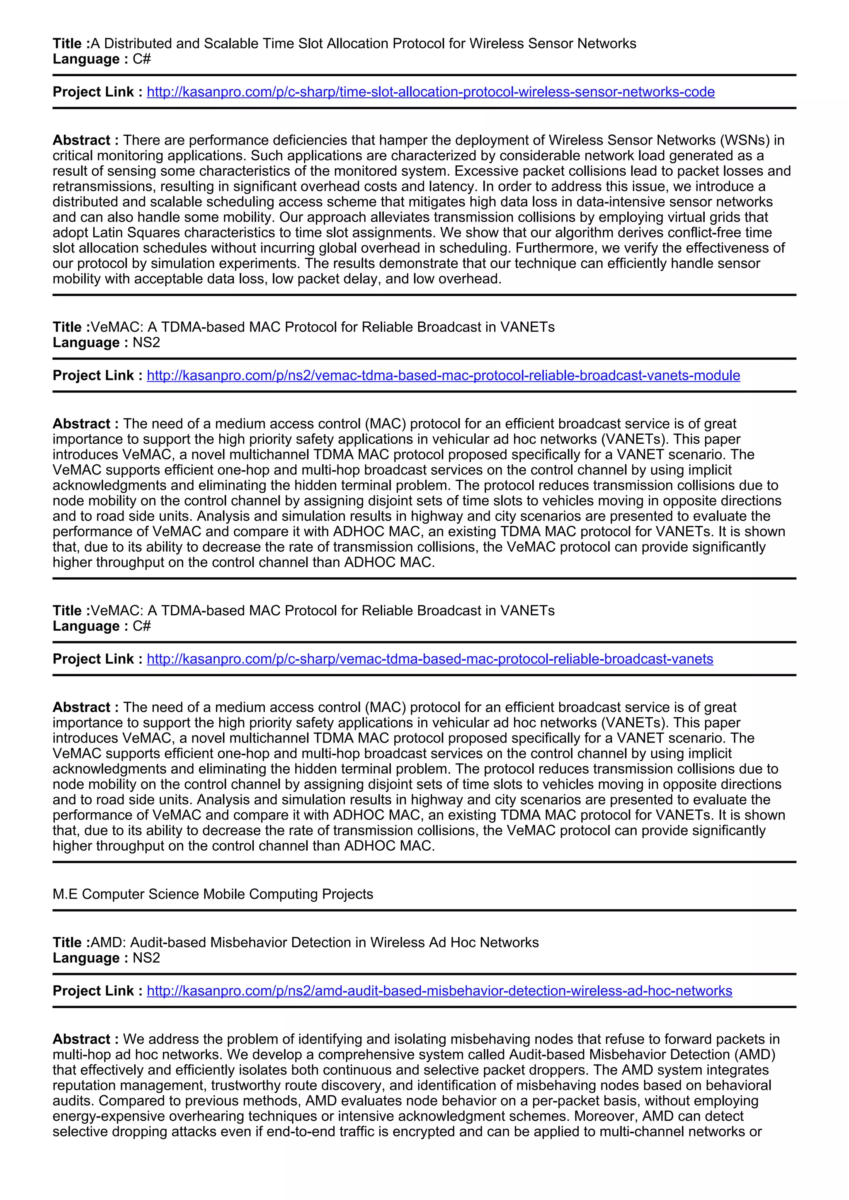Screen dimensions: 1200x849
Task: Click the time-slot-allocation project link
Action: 430,92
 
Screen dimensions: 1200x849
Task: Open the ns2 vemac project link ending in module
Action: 443,375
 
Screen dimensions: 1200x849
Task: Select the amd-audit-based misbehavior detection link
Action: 439,990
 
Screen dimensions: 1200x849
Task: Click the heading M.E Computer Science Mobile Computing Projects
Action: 213,894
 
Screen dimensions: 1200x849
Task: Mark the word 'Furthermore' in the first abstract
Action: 596,248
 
